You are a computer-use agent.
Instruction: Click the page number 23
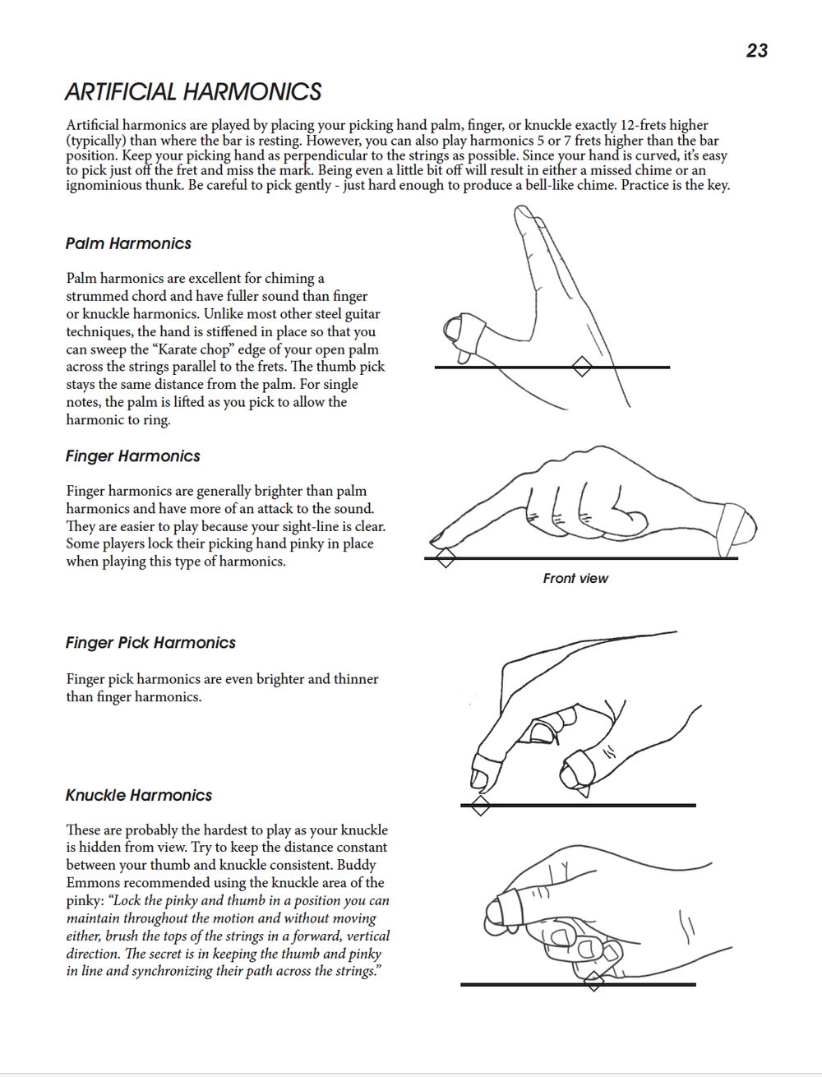click(757, 51)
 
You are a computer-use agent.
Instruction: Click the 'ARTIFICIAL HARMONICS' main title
click(193, 92)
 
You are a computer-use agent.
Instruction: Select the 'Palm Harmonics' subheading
click(128, 243)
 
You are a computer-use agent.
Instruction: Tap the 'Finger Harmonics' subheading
click(133, 456)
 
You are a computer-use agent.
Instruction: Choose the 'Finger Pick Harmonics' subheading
click(150, 643)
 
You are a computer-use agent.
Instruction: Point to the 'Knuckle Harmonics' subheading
click(139, 795)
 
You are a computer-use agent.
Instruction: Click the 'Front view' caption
click(575, 579)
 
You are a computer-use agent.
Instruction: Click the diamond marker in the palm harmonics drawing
click(582, 367)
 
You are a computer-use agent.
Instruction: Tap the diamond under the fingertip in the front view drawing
click(446, 558)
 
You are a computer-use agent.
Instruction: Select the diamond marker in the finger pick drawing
click(480, 806)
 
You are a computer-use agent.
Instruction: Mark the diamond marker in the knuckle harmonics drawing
click(594, 982)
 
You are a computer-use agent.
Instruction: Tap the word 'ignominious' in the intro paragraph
click(104, 186)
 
